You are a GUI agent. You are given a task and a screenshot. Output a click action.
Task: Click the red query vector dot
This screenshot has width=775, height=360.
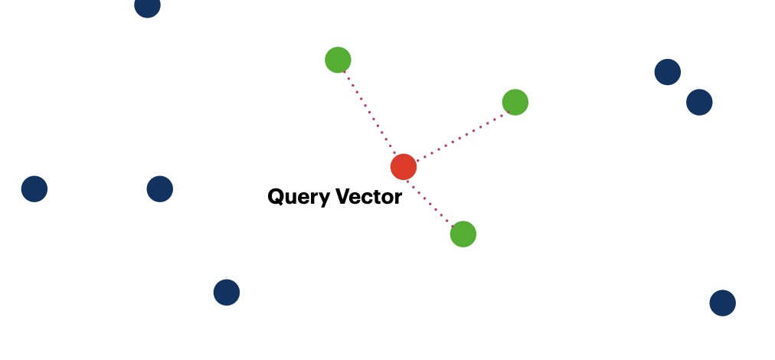404,166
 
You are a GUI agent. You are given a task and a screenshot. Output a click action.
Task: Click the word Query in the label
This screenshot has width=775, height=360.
296,198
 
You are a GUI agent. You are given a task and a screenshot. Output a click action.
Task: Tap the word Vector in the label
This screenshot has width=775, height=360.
366,197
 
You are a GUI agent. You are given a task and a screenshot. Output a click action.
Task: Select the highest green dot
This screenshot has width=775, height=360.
338,60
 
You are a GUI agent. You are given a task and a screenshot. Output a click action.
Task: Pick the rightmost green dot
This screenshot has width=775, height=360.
515,102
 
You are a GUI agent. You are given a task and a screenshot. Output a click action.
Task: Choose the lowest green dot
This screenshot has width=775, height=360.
463,234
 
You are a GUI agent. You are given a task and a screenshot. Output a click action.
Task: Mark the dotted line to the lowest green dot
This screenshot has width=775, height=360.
433,200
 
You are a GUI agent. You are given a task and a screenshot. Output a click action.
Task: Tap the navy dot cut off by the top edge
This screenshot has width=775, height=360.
147,6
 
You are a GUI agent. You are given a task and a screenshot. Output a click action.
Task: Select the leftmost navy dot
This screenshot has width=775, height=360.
34,188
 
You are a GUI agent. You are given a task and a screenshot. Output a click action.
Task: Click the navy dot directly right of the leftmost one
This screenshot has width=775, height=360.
160,188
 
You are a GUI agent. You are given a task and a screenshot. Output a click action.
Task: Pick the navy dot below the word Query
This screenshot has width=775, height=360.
227,292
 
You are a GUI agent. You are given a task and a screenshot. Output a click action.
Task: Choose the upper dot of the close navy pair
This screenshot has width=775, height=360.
668,72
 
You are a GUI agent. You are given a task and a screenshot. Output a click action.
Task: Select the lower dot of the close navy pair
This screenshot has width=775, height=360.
699,102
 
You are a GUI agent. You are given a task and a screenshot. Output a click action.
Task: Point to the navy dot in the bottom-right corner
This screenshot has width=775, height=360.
722,303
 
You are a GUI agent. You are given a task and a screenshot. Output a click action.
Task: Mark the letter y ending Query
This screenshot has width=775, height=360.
319,199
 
